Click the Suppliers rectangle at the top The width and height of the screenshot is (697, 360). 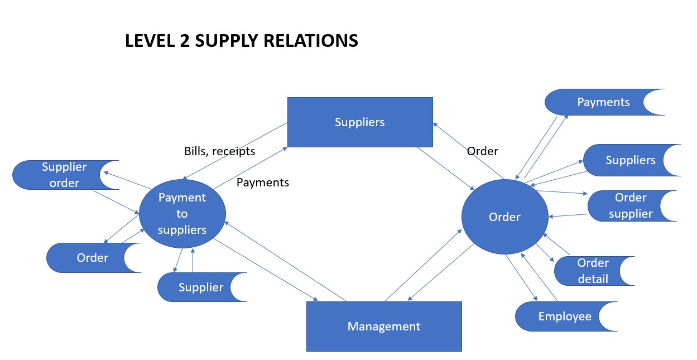tap(360, 122)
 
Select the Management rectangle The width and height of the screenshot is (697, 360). tap(384, 326)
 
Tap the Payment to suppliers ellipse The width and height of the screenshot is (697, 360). tap(182, 213)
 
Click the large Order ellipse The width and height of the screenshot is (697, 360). tap(504, 217)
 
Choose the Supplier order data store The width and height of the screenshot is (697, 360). tap(61, 175)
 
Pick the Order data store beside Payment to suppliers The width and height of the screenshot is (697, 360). tap(89, 258)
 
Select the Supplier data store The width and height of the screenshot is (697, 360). tap(198, 287)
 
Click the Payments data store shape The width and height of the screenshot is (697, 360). tap(600, 102)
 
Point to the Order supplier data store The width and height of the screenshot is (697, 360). tap(628, 206)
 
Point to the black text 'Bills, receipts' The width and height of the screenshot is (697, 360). tap(219, 151)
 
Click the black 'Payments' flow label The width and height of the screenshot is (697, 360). tap(263, 183)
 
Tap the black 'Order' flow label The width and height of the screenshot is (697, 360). tap(483, 151)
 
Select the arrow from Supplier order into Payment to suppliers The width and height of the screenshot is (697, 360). tap(116, 202)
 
